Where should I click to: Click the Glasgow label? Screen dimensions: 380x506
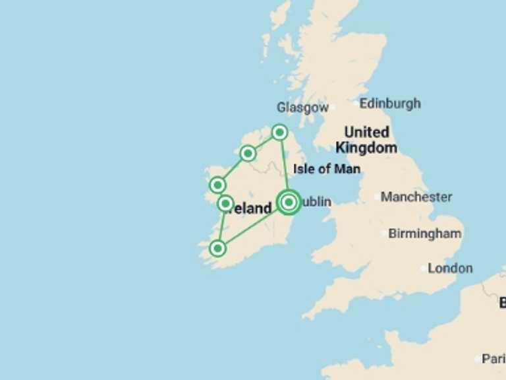click(302, 108)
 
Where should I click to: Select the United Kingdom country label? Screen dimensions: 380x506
click(366, 140)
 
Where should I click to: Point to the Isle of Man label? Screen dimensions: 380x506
click(327, 169)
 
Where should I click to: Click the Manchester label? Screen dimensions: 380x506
click(416, 197)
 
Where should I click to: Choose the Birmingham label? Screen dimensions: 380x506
click(424, 234)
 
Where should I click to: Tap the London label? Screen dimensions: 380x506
click(450, 269)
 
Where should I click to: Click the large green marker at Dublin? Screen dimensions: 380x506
click(289, 202)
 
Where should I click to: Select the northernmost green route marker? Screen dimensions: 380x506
click(279, 133)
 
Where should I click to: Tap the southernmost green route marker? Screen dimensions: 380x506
click(217, 248)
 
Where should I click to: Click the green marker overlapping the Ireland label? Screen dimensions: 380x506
click(225, 203)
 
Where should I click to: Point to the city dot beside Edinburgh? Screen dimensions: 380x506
click(356, 104)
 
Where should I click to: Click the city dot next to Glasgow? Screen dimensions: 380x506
click(332, 107)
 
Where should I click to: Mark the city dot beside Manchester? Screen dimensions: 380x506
click(378, 197)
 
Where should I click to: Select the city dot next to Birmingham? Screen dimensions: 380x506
click(385, 234)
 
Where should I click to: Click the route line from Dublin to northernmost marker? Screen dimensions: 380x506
click(284, 166)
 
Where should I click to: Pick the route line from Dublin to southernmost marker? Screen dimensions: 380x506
click(253, 225)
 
